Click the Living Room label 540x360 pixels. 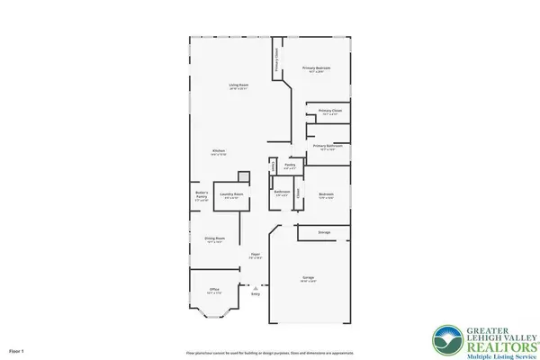pyautogui.click(x=238, y=86)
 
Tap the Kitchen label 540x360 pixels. pyautogui.click(x=218, y=151)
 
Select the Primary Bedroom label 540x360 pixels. pyautogui.click(x=316, y=69)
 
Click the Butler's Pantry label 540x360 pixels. pyautogui.click(x=202, y=195)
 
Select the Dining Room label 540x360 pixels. pyautogui.click(x=214, y=239)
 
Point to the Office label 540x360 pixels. pyautogui.click(x=214, y=290)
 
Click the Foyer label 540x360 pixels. pyautogui.click(x=256, y=256)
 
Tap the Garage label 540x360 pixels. pyautogui.click(x=309, y=280)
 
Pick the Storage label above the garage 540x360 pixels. pyautogui.click(x=324, y=232)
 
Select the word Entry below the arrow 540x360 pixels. pyautogui.click(x=256, y=294)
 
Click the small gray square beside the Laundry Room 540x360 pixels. pyautogui.click(x=242, y=177)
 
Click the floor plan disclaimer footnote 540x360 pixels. pyautogui.click(x=270, y=353)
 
